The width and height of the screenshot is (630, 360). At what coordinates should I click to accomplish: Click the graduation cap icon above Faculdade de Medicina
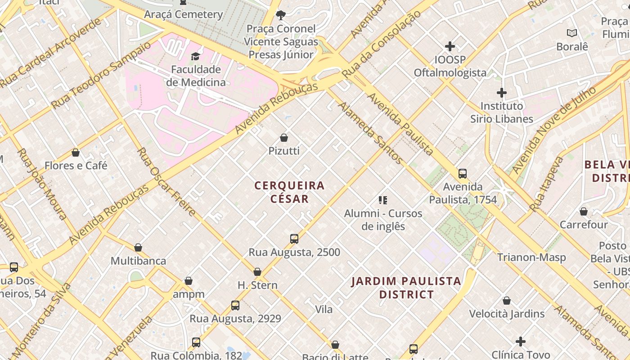[195, 56]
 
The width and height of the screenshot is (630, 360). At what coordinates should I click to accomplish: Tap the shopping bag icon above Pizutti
[284, 137]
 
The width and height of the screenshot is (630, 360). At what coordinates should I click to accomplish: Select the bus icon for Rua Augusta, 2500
[294, 239]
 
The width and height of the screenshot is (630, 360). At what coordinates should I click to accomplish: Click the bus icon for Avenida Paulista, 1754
[463, 174]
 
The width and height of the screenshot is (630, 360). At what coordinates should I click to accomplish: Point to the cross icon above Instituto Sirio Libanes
[502, 93]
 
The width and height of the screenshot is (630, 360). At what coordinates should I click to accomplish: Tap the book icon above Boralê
[572, 33]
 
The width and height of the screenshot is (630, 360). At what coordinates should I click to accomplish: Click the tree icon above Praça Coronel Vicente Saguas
[281, 15]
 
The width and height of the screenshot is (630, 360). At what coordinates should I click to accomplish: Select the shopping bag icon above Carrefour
[584, 211]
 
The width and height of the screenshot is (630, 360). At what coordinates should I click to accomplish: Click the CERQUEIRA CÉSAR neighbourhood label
[290, 192]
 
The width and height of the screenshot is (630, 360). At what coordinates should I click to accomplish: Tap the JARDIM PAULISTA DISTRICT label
[406, 288]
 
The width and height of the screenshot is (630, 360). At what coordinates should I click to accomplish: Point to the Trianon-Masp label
[531, 257]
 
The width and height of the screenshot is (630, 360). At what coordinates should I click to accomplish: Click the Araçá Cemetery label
[183, 14]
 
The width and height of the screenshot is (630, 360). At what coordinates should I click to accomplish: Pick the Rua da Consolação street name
[382, 44]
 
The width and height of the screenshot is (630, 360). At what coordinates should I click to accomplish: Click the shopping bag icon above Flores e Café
[76, 153]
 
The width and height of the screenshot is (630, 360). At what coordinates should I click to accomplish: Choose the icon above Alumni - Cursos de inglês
[383, 200]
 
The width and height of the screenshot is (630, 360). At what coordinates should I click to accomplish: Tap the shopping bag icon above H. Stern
[257, 272]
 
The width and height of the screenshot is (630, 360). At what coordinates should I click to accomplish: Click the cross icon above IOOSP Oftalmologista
[450, 46]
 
